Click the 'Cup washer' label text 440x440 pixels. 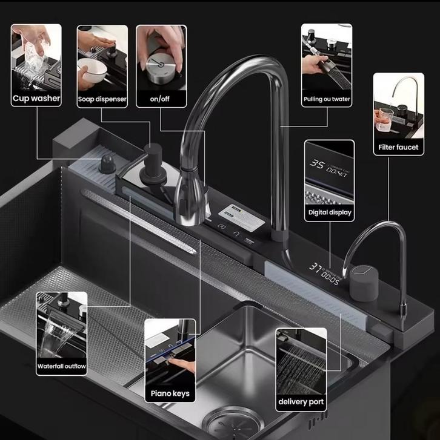36,98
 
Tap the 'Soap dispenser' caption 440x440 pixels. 102,99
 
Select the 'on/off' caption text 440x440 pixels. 159,99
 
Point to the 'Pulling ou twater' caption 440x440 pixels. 327,99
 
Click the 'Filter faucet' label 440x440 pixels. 398,147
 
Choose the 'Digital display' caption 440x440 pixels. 330,212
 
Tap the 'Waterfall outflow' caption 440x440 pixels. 62,366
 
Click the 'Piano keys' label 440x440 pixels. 170,393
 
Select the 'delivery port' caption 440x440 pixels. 301,402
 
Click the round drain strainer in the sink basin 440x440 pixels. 233,424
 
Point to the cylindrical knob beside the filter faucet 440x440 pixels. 364,283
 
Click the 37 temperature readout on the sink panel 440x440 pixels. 315,266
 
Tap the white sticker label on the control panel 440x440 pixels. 241,217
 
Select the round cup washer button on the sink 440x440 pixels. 107,164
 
